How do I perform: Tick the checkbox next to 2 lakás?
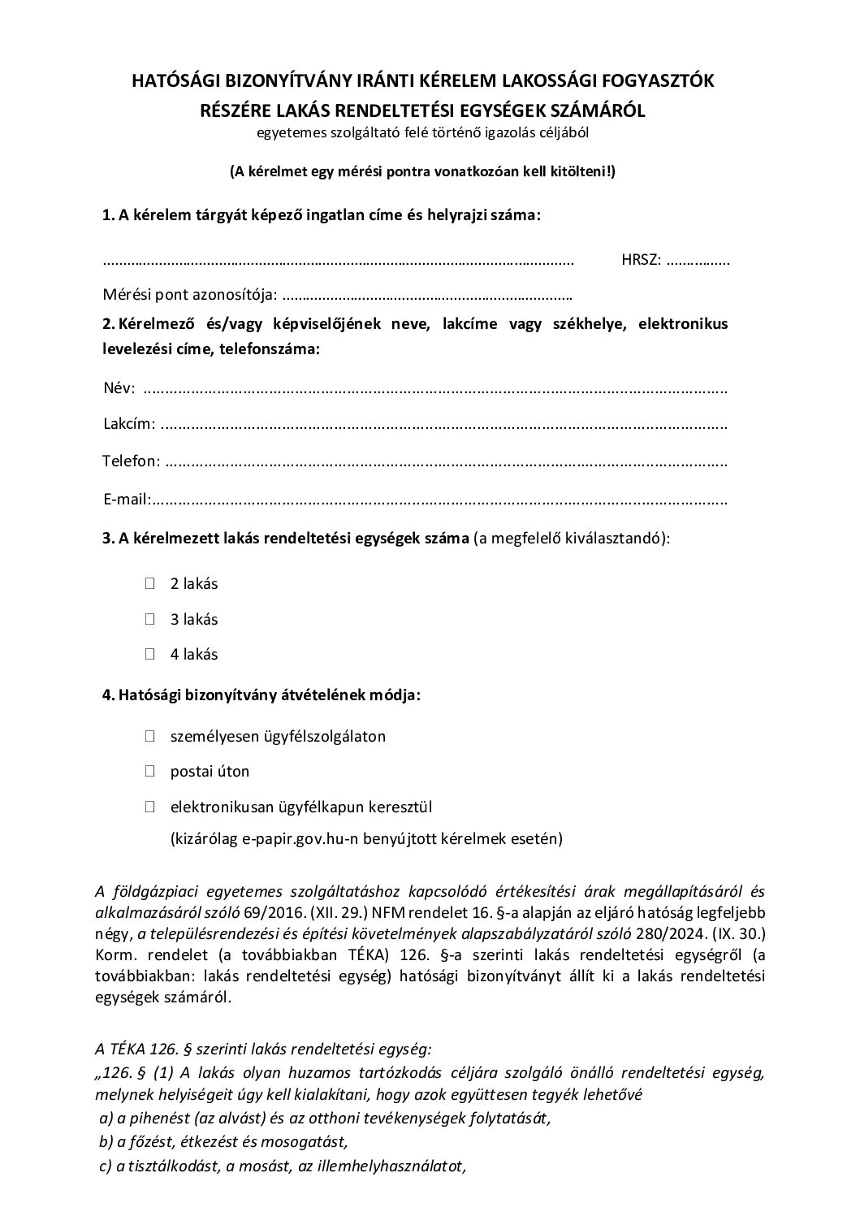pyautogui.click(x=150, y=583)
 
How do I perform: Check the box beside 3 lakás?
pyautogui.click(x=150, y=619)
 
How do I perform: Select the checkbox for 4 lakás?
pyautogui.click(x=150, y=654)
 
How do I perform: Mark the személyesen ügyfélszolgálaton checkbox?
pyautogui.click(x=150, y=737)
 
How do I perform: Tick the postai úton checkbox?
pyautogui.click(x=150, y=772)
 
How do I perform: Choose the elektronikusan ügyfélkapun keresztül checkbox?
pyautogui.click(x=150, y=807)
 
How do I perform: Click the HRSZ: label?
pyautogui.click(x=641, y=261)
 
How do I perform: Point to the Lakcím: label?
pyautogui.click(x=128, y=424)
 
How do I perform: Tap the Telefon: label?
pyautogui.click(x=131, y=461)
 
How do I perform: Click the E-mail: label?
pyautogui.click(x=127, y=499)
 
